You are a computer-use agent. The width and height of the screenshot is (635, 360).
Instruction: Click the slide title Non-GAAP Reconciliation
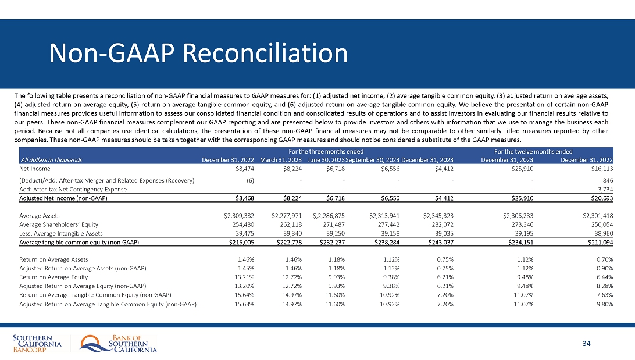coord(198,54)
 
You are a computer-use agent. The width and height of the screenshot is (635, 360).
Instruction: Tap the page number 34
coord(586,343)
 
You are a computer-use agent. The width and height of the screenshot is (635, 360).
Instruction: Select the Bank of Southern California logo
coord(119,344)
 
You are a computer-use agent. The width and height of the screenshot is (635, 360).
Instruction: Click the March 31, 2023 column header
coord(280,159)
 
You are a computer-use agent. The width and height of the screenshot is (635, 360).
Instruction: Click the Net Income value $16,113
coord(601,169)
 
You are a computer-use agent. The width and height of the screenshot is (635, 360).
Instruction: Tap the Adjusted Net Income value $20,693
coord(601,198)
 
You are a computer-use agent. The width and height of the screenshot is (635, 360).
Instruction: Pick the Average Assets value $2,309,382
coord(238,215)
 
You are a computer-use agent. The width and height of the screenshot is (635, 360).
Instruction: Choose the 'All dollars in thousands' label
coord(51,159)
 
